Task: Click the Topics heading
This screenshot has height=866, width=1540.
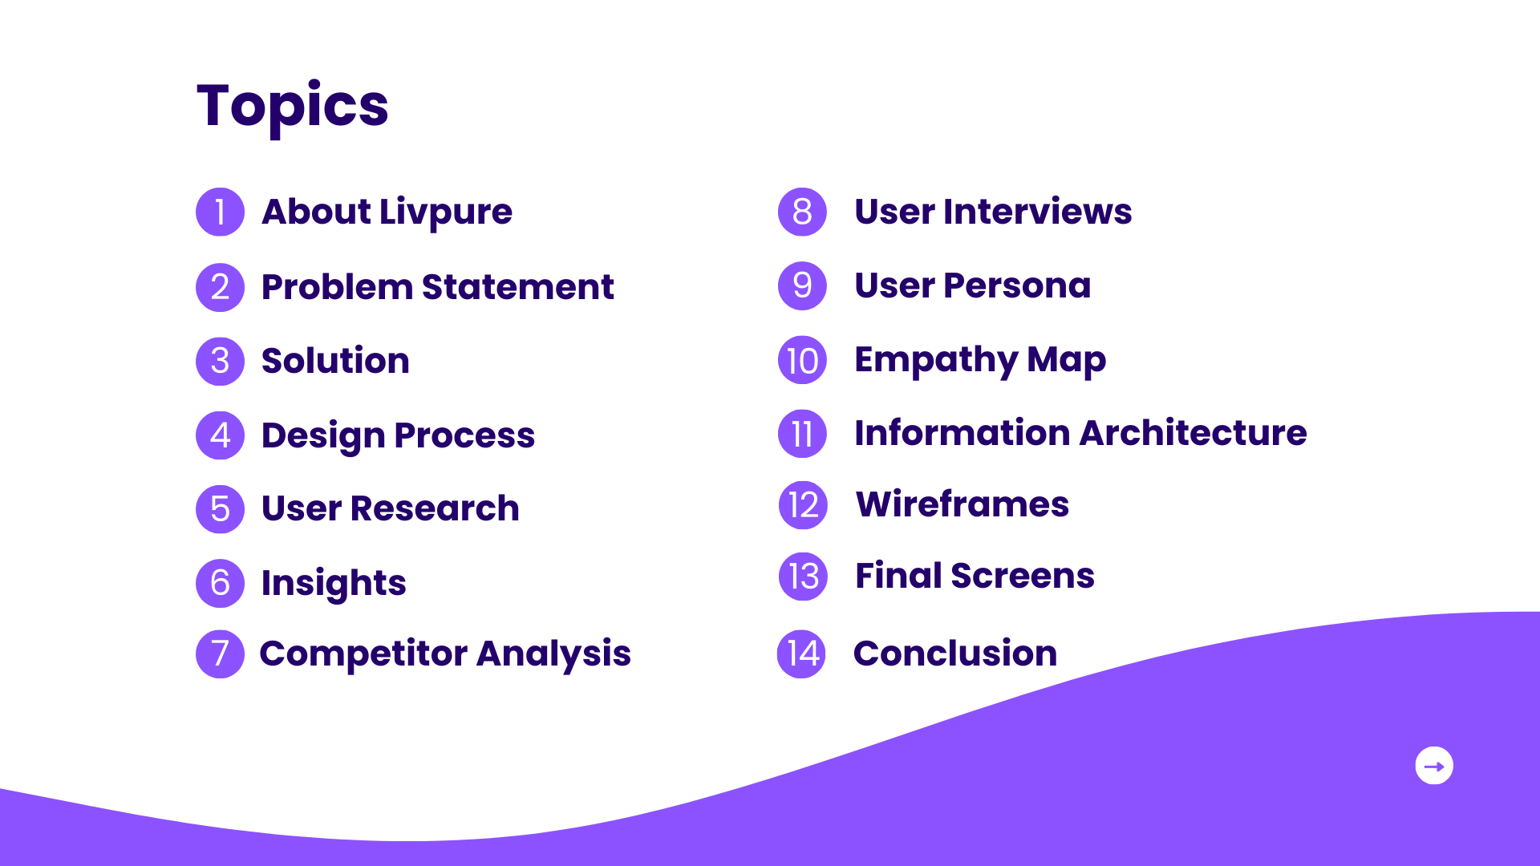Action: pyautogui.click(x=292, y=106)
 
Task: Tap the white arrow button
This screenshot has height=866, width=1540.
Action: pyautogui.click(x=1434, y=766)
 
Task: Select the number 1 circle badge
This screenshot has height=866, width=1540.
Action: pyautogui.click(x=220, y=212)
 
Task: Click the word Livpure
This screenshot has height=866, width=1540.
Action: pyautogui.click(x=445, y=212)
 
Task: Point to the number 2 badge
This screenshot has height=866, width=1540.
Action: pyautogui.click(x=220, y=287)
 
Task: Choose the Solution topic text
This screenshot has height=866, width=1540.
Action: pyautogui.click(x=335, y=361)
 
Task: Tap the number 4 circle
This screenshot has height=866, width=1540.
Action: pyautogui.click(x=220, y=435)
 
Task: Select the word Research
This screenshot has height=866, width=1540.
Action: pyautogui.click(x=435, y=508)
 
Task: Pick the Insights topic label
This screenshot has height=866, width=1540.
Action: pyautogui.click(x=334, y=583)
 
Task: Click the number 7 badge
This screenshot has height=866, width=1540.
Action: pyautogui.click(x=220, y=654)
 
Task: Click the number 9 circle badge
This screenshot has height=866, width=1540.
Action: pyautogui.click(x=802, y=285)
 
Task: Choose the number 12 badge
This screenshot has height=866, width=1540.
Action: pyautogui.click(x=803, y=505)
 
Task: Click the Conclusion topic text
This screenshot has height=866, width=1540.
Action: pyautogui.click(x=955, y=654)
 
